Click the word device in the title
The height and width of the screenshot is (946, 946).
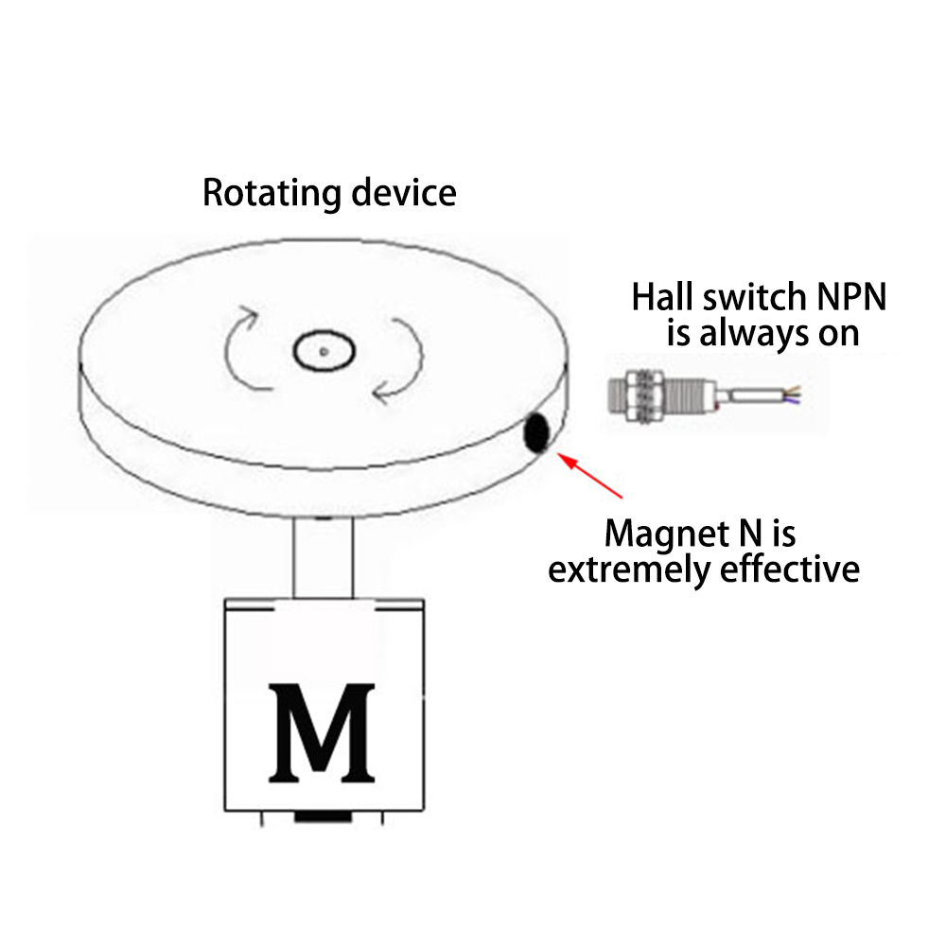tap(404, 193)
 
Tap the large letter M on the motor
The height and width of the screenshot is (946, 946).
tap(321, 733)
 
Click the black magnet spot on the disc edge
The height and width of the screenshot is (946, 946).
tap(536, 433)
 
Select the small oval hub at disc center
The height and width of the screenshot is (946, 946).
tap(323, 352)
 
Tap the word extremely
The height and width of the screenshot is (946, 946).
tap(631, 569)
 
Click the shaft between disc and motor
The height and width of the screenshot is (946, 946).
tap(323, 558)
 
